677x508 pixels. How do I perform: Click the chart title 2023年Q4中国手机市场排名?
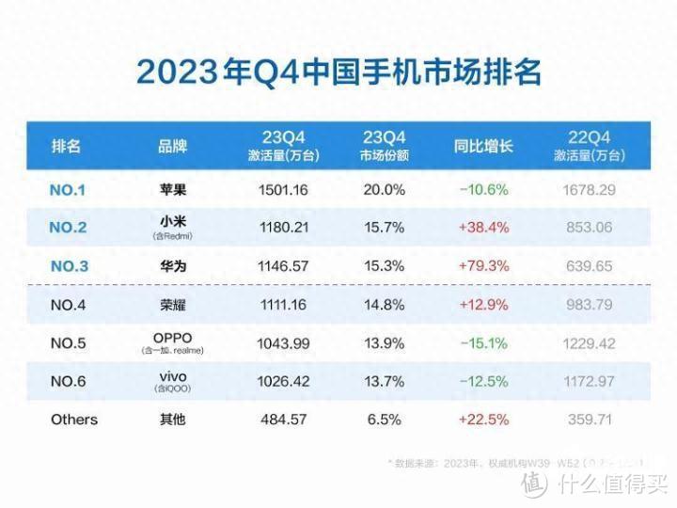(338, 71)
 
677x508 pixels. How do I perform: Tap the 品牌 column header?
(173, 147)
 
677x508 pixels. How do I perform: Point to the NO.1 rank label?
(67, 190)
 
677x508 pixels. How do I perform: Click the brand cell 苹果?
(173, 190)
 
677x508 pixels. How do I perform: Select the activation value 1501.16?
(283, 190)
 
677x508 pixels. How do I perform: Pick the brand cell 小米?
(173, 222)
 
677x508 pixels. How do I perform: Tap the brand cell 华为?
(173, 266)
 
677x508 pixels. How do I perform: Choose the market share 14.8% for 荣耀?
(384, 304)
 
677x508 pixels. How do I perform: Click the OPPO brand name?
(173, 337)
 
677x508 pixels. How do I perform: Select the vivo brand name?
(173, 375)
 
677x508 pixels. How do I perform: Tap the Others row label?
(73, 420)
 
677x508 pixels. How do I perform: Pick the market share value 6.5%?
(384, 420)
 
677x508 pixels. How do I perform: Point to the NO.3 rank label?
(67, 266)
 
